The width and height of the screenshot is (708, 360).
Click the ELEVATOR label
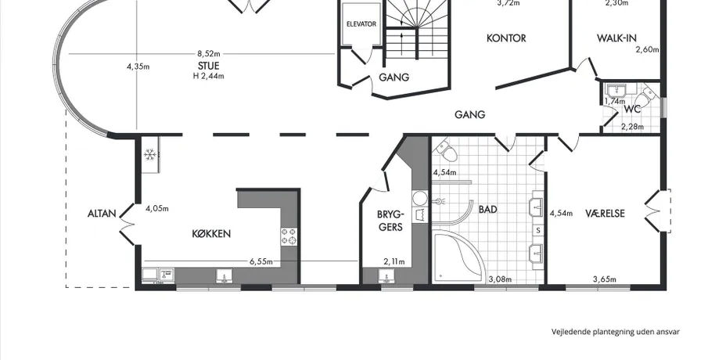[361, 24]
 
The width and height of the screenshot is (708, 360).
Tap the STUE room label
[208, 66]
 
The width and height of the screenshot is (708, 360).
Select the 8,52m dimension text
[209, 54]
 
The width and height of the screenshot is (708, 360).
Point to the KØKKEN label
[211, 233]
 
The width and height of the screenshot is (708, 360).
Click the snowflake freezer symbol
[150, 156]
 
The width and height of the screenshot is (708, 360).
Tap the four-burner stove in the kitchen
[289, 236]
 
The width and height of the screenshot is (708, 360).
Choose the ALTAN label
[102, 213]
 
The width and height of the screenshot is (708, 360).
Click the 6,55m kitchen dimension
[261, 261]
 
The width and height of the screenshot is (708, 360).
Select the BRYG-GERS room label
[390, 220]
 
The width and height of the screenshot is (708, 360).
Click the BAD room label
[488, 210]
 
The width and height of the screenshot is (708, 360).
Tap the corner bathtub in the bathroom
[458, 257]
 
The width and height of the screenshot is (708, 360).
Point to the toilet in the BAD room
[447, 150]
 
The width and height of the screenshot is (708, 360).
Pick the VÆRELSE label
[605, 213]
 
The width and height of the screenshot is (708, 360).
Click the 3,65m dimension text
[605, 279]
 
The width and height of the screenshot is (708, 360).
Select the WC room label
[632, 110]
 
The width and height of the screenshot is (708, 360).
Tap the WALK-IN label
[616, 38]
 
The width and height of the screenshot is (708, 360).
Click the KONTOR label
[506, 38]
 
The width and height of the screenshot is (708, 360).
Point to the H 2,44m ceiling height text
[209, 77]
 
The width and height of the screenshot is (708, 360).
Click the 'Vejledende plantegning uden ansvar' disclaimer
[616, 332]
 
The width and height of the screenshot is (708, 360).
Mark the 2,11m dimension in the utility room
[394, 261]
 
